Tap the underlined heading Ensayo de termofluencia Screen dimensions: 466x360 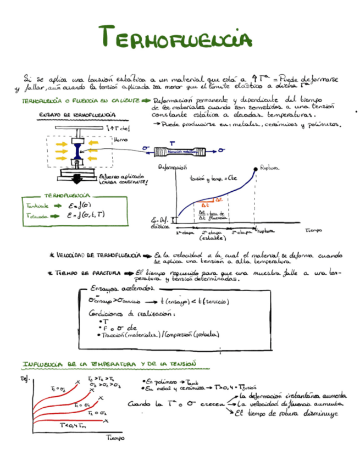click(x=77, y=114)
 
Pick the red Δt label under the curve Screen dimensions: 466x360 click(x=210, y=205)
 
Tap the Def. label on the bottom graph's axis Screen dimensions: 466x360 click(x=24, y=379)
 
